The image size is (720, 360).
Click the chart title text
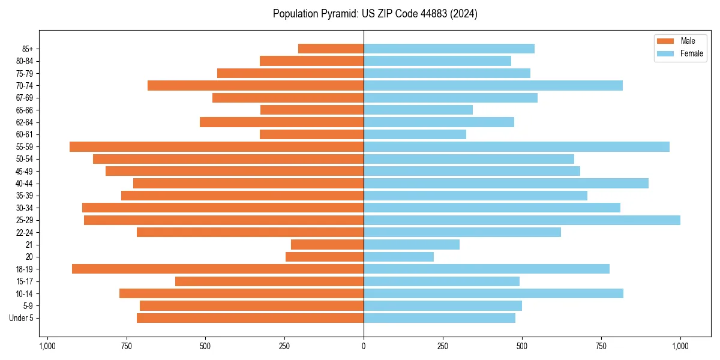click(x=375, y=14)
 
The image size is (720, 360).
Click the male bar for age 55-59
click(x=217, y=146)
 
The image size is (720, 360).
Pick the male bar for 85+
click(x=331, y=49)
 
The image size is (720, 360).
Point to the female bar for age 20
click(x=398, y=257)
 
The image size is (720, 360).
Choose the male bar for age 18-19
click(x=218, y=269)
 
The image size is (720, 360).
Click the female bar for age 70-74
click(x=493, y=85)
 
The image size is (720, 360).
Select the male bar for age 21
click(x=327, y=245)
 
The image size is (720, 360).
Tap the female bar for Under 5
click(x=439, y=318)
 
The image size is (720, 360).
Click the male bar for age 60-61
click(x=311, y=134)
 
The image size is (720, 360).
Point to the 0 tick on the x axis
click(x=364, y=346)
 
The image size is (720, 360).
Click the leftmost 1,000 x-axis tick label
click(x=47, y=346)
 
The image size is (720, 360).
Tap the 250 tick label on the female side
click(x=443, y=346)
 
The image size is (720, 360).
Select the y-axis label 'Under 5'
click(x=22, y=318)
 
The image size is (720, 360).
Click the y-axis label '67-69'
click(x=25, y=98)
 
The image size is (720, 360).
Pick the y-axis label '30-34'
click(x=25, y=208)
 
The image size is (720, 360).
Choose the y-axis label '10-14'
click(x=25, y=293)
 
